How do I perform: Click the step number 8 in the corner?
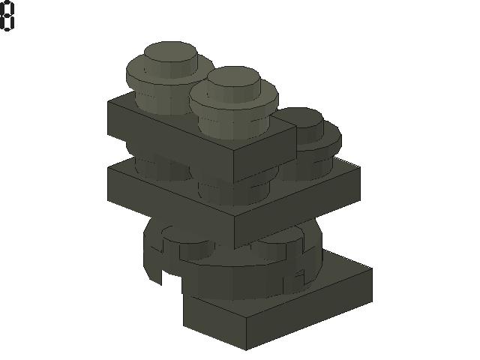(x=7, y=16)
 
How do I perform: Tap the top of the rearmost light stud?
(x=170, y=52)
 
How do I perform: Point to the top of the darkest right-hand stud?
(x=298, y=117)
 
